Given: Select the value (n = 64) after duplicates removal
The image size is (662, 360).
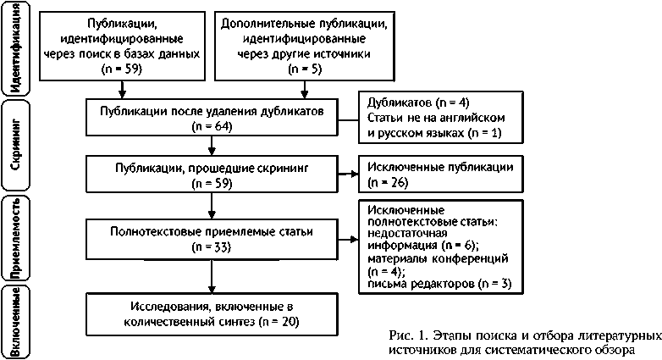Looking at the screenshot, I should coord(212,127).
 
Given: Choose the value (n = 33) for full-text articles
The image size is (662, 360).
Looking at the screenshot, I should coord(212,246).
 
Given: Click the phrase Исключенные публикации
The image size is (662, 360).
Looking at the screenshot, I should coord(439,165).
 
